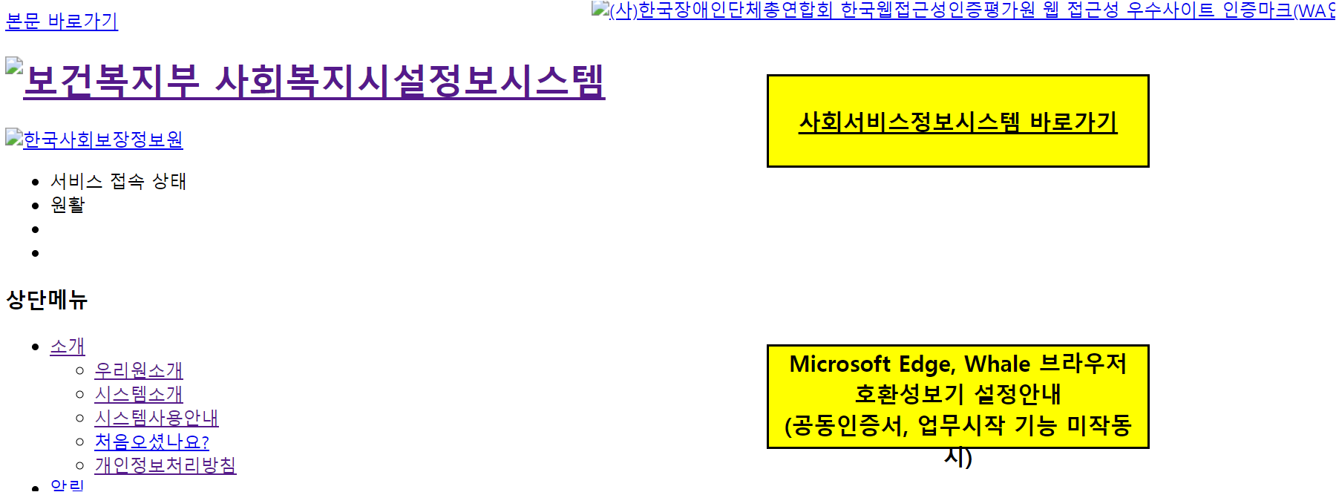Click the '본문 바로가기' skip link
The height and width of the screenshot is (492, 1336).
(62, 21)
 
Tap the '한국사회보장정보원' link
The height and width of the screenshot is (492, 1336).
(102, 140)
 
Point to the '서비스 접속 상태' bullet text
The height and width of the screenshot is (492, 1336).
(118, 181)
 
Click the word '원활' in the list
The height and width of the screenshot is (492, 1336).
(68, 205)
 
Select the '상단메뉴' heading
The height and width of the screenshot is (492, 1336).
(47, 300)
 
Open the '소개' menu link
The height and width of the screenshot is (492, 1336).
(68, 347)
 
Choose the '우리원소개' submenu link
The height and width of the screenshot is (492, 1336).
(139, 370)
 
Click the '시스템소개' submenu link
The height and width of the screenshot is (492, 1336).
(139, 394)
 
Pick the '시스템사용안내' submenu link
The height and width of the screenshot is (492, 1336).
(157, 418)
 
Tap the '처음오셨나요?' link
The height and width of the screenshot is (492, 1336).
(151, 442)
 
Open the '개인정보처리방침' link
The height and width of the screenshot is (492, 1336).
(166, 465)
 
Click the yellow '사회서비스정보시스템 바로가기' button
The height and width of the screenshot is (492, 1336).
(957, 122)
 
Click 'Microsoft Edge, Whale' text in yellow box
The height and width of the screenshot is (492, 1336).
(910, 364)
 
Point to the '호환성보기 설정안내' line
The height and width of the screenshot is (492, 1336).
(957, 394)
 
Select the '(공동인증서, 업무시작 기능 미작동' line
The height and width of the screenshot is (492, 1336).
(957, 425)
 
